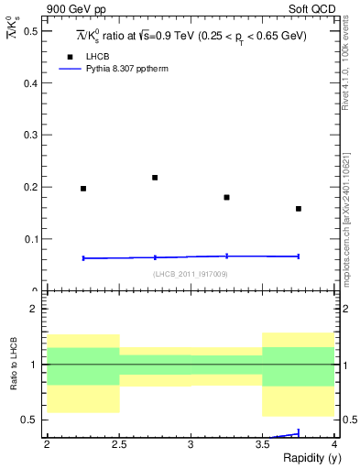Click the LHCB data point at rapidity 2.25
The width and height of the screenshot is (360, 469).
pos(83,189)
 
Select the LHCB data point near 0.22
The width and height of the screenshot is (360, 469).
pos(155,178)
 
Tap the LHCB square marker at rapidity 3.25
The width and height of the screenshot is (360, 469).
pos(226,197)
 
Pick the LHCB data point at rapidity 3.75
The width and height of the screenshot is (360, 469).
pos(299,209)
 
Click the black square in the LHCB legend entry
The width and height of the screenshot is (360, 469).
pos(68,57)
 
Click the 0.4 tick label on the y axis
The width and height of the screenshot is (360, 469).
pos(31,83)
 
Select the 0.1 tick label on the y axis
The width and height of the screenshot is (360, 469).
pos(31,240)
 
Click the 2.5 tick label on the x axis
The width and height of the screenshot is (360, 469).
pos(118,444)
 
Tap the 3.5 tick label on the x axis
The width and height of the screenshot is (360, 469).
pos(262,444)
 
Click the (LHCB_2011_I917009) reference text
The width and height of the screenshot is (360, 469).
pos(190,273)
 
